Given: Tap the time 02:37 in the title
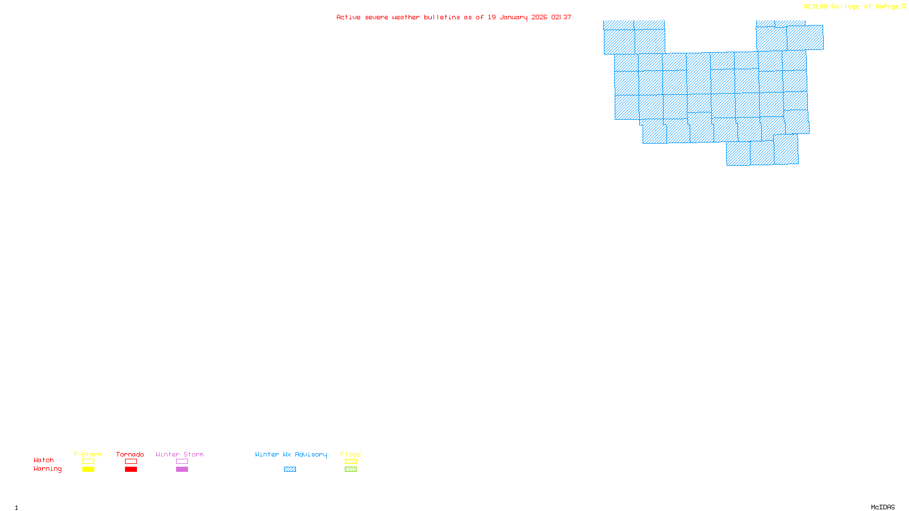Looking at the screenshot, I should (x=561, y=17).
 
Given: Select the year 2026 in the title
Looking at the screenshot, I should (x=539, y=17).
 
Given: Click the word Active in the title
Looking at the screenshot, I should (x=348, y=17).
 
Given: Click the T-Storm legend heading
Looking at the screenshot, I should (x=87, y=454).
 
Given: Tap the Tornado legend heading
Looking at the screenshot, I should (x=130, y=454).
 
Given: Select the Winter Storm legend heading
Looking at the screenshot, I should (x=180, y=454).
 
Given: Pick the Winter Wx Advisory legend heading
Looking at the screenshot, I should (x=291, y=454).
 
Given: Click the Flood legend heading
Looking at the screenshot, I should (x=351, y=454).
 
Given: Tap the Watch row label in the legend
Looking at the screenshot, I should (x=44, y=460).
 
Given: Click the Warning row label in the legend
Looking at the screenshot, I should (x=47, y=469).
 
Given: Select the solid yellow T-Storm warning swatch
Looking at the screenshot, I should (x=88, y=470).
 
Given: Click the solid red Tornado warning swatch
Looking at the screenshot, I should (x=131, y=470).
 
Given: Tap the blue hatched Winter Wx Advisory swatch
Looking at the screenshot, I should (x=290, y=470).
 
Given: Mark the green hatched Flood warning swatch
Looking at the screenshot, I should (x=351, y=470).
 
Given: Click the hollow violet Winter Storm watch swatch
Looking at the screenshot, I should (x=182, y=462).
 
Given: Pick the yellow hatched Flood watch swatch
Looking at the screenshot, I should (x=351, y=462).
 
